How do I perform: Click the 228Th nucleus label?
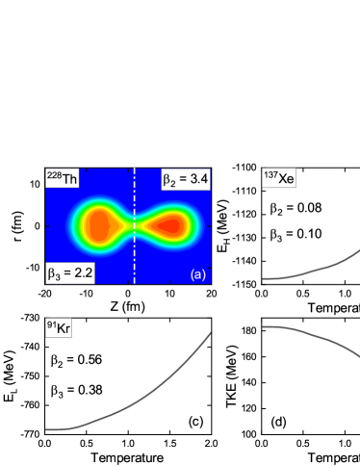click(x=63, y=179)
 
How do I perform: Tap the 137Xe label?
click(x=279, y=178)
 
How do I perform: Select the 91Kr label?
click(x=59, y=327)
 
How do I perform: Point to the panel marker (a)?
click(x=198, y=274)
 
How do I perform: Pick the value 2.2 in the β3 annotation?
click(x=81, y=273)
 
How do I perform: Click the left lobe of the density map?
click(x=98, y=225)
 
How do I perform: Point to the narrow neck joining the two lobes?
click(x=134, y=226)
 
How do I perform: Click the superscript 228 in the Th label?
click(x=55, y=175)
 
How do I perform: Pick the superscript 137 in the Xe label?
click(x=270, y=174)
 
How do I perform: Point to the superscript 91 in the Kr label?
click(x=50, y=324)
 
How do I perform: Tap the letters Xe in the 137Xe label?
click(x=286, y=179)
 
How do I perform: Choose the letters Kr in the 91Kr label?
click(x=64, y=328)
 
